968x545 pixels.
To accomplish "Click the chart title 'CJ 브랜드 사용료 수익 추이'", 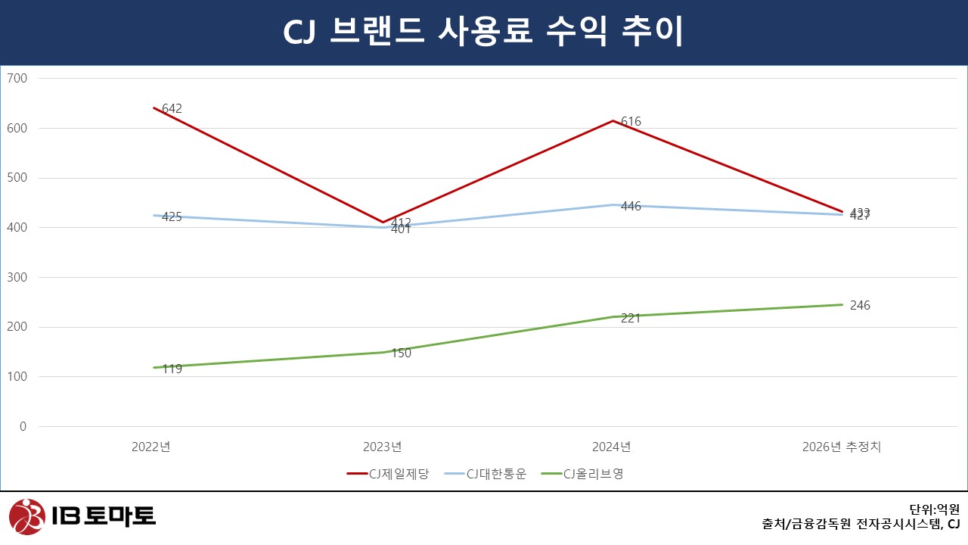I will pyautogui.click(x=483, y=32).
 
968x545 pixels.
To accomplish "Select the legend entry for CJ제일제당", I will pyautogui.click(x=388, y=475).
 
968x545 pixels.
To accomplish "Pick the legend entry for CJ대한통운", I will pyautogui.click(x=485, y=475).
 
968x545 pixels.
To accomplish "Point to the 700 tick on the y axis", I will pyautogui.click(x=17, y=78).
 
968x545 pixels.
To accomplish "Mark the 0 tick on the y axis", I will pyautogui.click(x=23, y=426).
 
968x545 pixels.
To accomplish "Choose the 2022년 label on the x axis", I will pyautogui.click(x=150, y=447).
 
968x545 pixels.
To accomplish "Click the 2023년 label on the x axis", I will pyautogui.click(x=382, y=447).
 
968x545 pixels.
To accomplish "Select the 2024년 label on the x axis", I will pyautogui.click(x=611, y=447).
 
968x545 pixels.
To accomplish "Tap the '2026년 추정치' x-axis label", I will pyautogui.click(x=841, y=447).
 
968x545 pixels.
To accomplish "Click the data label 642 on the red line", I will pyautogui.click(x=172, y=108).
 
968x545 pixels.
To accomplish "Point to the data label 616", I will pyautogui.click(x=631, y=121).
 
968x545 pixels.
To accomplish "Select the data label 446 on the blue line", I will pyautogui.click(x=631, y=206).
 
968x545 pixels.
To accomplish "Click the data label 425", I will pyautogui.click(x=172, y=216).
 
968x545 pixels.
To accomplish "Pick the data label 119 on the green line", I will pyautogui.click(x=172, y=369).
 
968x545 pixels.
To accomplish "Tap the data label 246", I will pyautogui.click(x=860, y=306).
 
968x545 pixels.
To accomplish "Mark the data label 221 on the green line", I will pyautogui.click(x=631, y=318).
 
